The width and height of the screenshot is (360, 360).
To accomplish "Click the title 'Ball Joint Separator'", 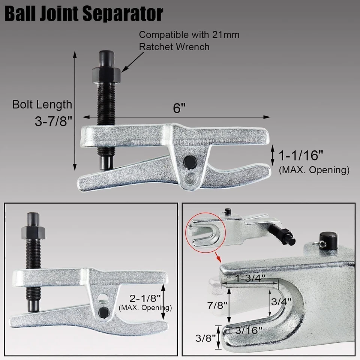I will pos(84,13).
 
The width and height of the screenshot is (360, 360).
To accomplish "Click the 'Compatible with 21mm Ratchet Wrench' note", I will pos(189,40).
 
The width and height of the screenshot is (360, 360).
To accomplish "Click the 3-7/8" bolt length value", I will pos(52,121).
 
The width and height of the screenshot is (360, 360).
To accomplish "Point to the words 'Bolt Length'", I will pos(42,104).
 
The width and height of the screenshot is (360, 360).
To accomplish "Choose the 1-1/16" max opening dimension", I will pos(300,154).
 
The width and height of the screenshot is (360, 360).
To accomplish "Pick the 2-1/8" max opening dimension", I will pos(146,298).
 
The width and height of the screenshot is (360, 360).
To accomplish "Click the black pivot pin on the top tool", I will pos(190,162).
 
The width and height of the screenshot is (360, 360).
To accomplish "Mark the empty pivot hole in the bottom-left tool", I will pos(101,298).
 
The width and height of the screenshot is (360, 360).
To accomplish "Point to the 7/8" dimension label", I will pos(217,304).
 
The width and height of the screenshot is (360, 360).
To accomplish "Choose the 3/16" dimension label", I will pos(247,330).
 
